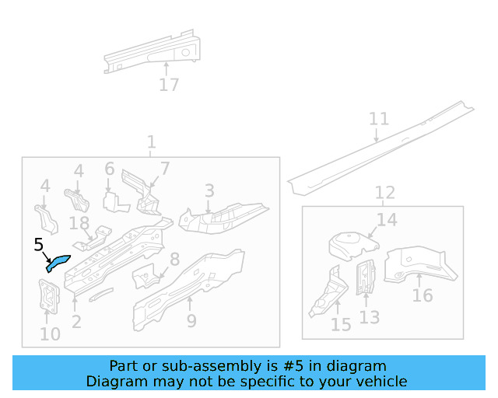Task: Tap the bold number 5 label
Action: coord(39,246)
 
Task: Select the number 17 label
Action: coord(169,85)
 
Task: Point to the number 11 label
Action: coord(378,119)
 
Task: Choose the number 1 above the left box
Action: coord(151,142)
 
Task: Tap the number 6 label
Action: coord(110,169)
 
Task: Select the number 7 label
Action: coord(165,169)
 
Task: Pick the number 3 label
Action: coord(209,190)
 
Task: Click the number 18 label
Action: coord(79,224)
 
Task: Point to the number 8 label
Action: coord(174,259)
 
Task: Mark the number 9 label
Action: coord(191,320)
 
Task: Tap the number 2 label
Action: coord(76,321)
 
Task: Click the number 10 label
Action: coord(50,335)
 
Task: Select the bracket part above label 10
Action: coord(49,296)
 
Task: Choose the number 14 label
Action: coord(387,220)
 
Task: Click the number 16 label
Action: coord(422,295)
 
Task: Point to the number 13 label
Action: coord(370,317)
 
